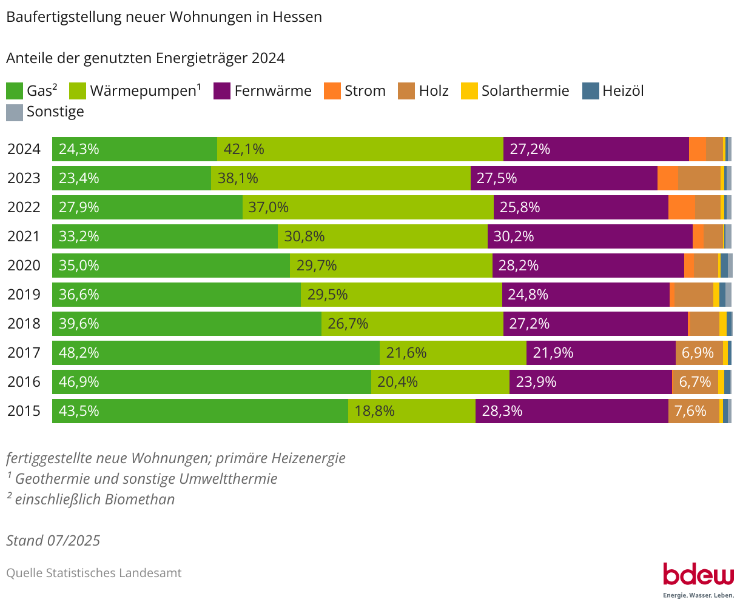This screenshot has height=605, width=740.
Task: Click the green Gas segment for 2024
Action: point(135,149)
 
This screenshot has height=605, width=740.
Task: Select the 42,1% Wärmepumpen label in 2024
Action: point(244,149)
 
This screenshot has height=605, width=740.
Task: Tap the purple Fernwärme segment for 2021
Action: point(590,236)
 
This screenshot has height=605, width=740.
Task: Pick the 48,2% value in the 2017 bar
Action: point(79,353)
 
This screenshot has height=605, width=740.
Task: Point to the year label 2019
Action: point(24,295)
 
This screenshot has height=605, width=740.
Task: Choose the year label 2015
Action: point(24,411)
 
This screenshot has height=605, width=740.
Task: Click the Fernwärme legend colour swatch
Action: point(222,91)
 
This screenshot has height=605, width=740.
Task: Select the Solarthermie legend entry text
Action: point(525,91)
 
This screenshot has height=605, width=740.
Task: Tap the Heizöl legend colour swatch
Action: point(590,91)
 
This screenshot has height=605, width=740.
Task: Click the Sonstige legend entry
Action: point(55,112)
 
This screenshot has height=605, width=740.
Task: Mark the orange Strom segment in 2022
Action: point(681,207)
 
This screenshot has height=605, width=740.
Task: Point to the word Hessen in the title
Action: point(297,17)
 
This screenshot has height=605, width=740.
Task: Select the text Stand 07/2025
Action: point(53,540)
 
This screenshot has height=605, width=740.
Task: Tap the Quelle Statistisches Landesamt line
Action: point(93,573)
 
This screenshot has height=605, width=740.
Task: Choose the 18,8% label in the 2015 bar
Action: point(374,411)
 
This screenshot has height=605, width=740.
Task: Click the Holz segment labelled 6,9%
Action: point(699,353)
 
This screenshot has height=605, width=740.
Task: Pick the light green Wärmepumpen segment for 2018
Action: point(412,324)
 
